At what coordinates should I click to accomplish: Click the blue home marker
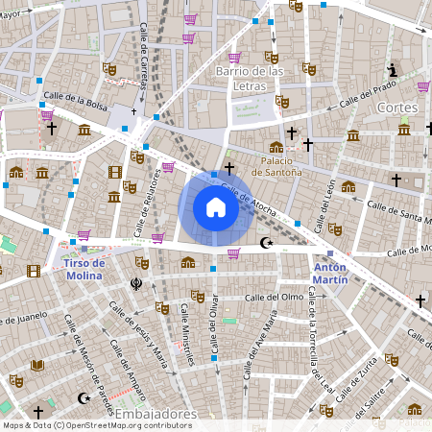[216, 207]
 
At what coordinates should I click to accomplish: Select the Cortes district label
[397, 108]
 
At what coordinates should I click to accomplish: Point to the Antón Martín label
[330, 273]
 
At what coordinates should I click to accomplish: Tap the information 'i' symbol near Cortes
[394, 69]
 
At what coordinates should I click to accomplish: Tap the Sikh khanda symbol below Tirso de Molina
[136, 283]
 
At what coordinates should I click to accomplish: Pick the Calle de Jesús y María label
[138, 336]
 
